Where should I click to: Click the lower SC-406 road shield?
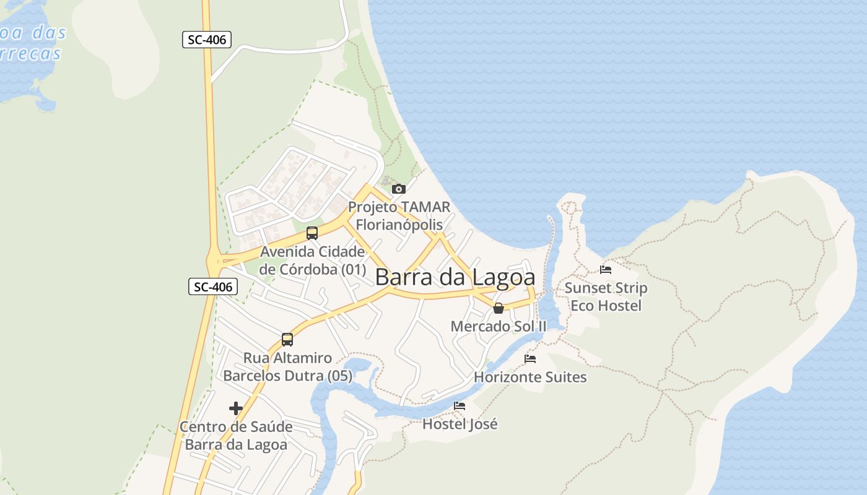click(213, 286)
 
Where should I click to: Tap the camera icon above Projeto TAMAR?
click(399, 189)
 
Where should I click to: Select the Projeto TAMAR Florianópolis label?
click(399, 215)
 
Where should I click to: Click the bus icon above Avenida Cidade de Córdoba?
click(312, 233)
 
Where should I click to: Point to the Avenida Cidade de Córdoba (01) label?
click(312, 260)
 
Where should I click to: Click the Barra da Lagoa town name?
click(455, 277)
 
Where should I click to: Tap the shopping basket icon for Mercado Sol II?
click(499, 308)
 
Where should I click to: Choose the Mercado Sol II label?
click(499, 326)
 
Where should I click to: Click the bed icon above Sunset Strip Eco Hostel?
click(606, 269)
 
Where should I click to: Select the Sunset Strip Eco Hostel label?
click(606, 296)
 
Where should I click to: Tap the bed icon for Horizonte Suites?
click(530, 358)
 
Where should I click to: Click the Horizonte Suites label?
click(530, 376)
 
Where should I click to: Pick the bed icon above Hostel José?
click(460, 406)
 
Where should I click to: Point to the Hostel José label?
click(460, 424)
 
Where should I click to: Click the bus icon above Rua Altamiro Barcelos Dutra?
click(287, 339)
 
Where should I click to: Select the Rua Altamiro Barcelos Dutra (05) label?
click(287, 366)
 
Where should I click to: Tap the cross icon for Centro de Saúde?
click(235, 408)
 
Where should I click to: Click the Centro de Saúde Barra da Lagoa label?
click(236, 436)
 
